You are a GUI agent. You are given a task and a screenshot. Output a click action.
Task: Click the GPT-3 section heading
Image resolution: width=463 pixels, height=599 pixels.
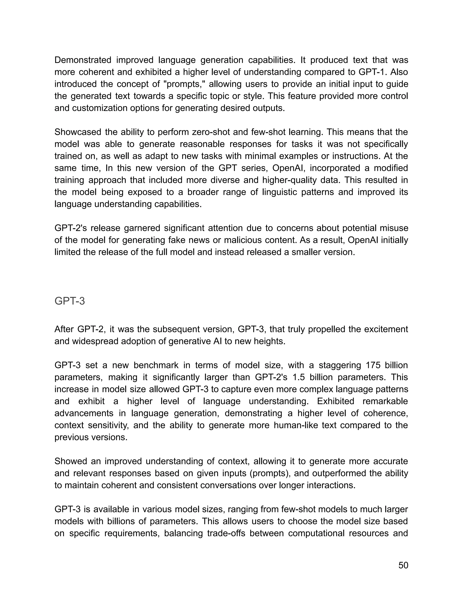tap(70, 301)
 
